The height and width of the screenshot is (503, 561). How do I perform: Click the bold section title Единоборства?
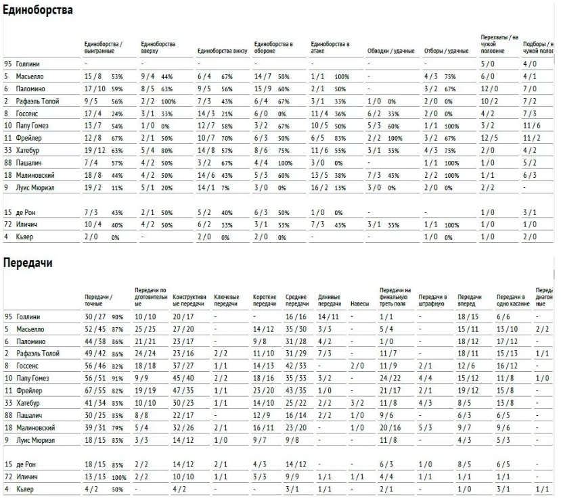point(39,11)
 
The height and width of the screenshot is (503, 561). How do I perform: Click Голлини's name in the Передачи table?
point(29,316)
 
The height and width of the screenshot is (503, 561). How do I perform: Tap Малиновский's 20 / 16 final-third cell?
point(391,427)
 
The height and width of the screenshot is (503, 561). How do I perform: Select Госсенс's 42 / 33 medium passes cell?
point(295,365)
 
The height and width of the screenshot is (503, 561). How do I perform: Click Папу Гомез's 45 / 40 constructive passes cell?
point(185,377)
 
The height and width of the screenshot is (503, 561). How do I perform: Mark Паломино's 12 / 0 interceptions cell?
point(488,88)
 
